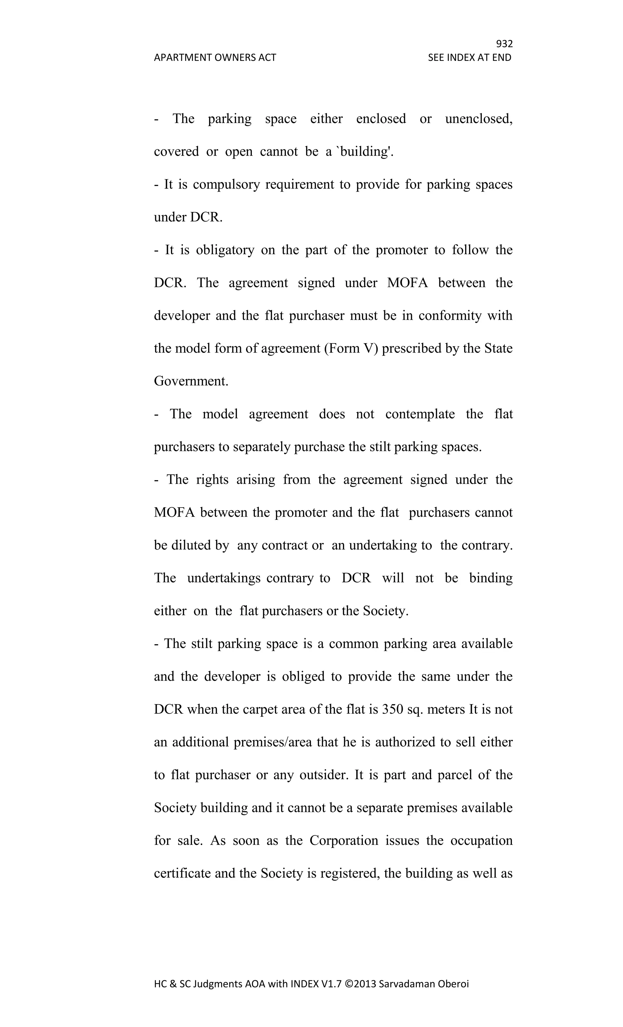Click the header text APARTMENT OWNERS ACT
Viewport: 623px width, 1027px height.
point(215,58)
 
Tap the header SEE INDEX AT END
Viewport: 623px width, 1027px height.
point(469,58)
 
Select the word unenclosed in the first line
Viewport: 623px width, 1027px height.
point(479,119)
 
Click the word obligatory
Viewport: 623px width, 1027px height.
point(225,250)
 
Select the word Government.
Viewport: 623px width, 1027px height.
point(191,381)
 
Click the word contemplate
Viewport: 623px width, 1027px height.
point(420,414)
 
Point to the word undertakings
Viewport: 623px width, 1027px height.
point(224,578)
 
